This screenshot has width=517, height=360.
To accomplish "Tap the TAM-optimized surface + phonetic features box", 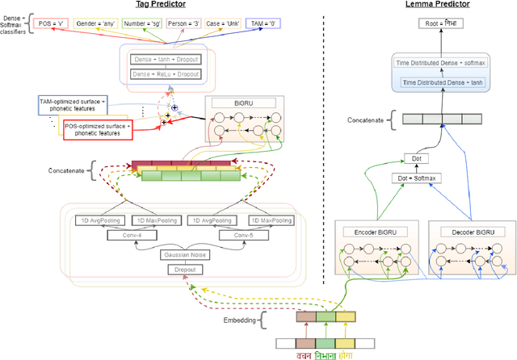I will click(72, 103).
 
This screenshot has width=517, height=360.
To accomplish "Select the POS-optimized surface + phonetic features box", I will click(99, 128).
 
